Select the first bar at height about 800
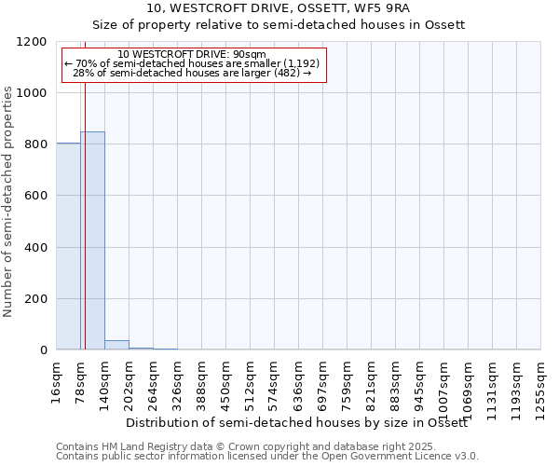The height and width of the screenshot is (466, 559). (x=68, y=247)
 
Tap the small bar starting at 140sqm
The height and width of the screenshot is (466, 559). (x=116, y=346)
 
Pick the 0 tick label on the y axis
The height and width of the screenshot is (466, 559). (x=43, y=350)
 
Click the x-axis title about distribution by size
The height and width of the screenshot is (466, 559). (x=296, y=423)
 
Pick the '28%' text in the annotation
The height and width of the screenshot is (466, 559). (x=83, y=73)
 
